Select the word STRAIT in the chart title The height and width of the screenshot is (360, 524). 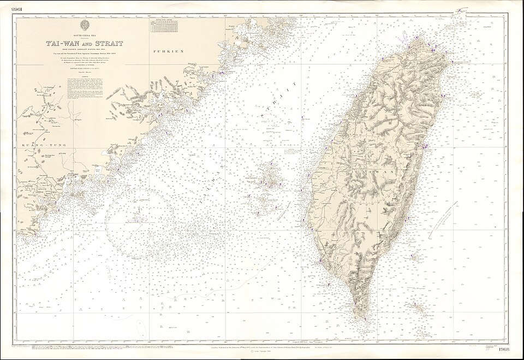point(110,43)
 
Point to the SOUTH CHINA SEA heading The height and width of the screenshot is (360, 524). point(84,35)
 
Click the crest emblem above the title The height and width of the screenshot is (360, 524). point(85,25)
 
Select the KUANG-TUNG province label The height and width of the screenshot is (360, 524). point(34,145)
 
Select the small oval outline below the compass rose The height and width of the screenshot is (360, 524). point(140,327)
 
